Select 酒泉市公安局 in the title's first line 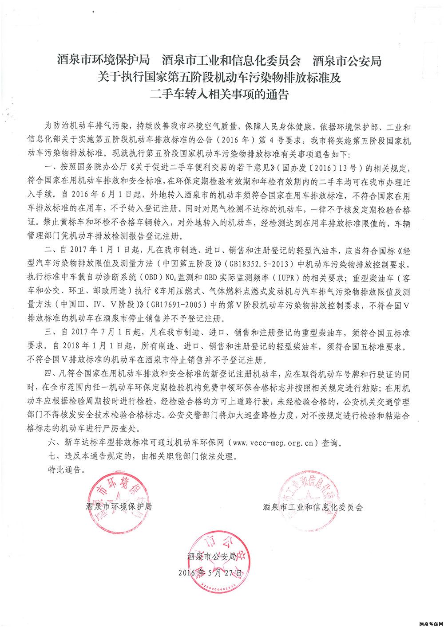pyautogui.click(x=347, y=61)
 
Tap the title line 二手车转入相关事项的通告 pyautogui.click(x=220, y=94)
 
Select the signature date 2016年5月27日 pyautogui.click(x=210, y=572)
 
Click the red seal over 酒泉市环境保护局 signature pyautogui.click(x=118, y=499)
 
